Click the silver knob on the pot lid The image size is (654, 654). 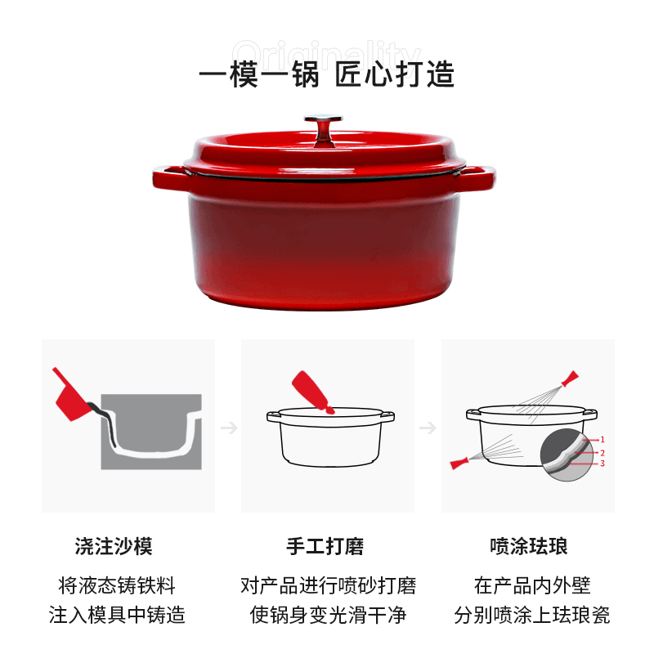[323, 129]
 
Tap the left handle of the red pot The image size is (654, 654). [169, 178]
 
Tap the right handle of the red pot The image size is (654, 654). [478, 177]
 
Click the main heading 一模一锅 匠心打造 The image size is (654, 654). [326, 74]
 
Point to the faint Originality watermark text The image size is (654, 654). [326, 55]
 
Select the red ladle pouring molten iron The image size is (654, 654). [71, 395]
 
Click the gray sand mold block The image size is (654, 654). [151, 432]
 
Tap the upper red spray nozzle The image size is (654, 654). [570, 379]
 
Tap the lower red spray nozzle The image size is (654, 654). [459, 463]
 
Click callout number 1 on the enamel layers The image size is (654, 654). [602, 439]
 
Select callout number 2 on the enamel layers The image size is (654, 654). [602, 453]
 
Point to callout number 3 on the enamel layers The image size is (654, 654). [602, 464]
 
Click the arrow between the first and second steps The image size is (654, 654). [229, 428]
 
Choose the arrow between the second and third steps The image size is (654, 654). [428, 428]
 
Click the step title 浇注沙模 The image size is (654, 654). [114, 546]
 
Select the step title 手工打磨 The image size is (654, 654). [325, 546]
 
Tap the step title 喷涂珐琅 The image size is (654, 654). [529, 546]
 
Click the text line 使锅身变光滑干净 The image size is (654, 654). [328, 615]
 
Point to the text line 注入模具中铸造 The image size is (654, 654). [117, 615]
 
